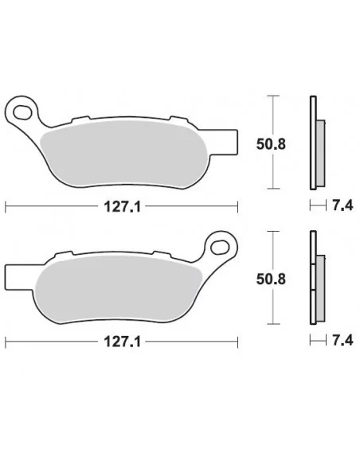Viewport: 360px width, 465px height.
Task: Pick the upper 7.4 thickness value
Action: (x=339, y=207)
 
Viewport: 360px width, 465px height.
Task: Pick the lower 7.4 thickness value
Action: (x=339, y=343)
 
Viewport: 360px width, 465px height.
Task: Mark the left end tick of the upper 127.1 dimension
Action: (x=6, y=207)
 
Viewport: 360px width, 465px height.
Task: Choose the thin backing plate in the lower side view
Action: (x=312, y=279)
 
